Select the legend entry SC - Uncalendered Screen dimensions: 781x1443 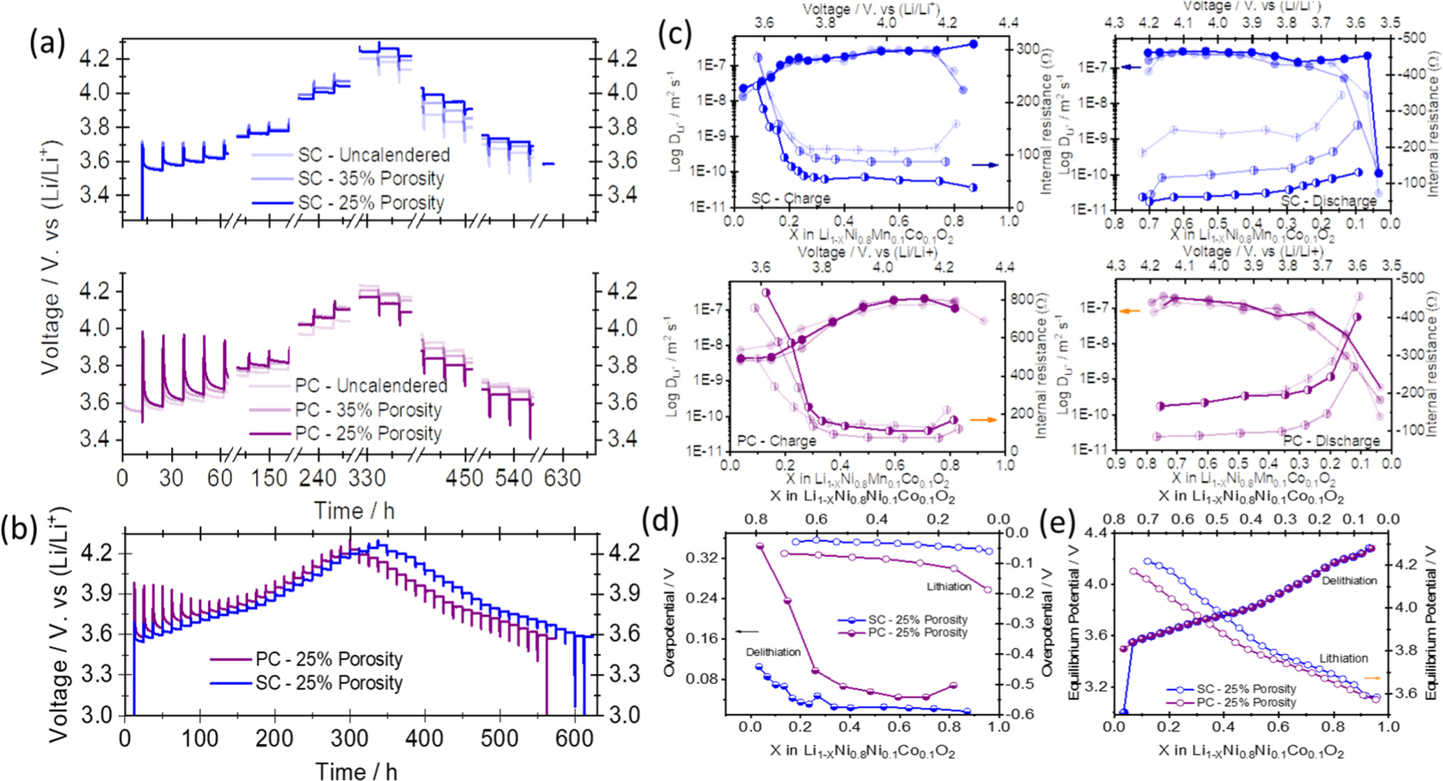(373, 154)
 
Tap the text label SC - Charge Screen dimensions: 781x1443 (791, 198)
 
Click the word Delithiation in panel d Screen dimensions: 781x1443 (774, 652)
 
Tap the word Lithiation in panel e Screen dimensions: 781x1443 (1343, 658)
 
